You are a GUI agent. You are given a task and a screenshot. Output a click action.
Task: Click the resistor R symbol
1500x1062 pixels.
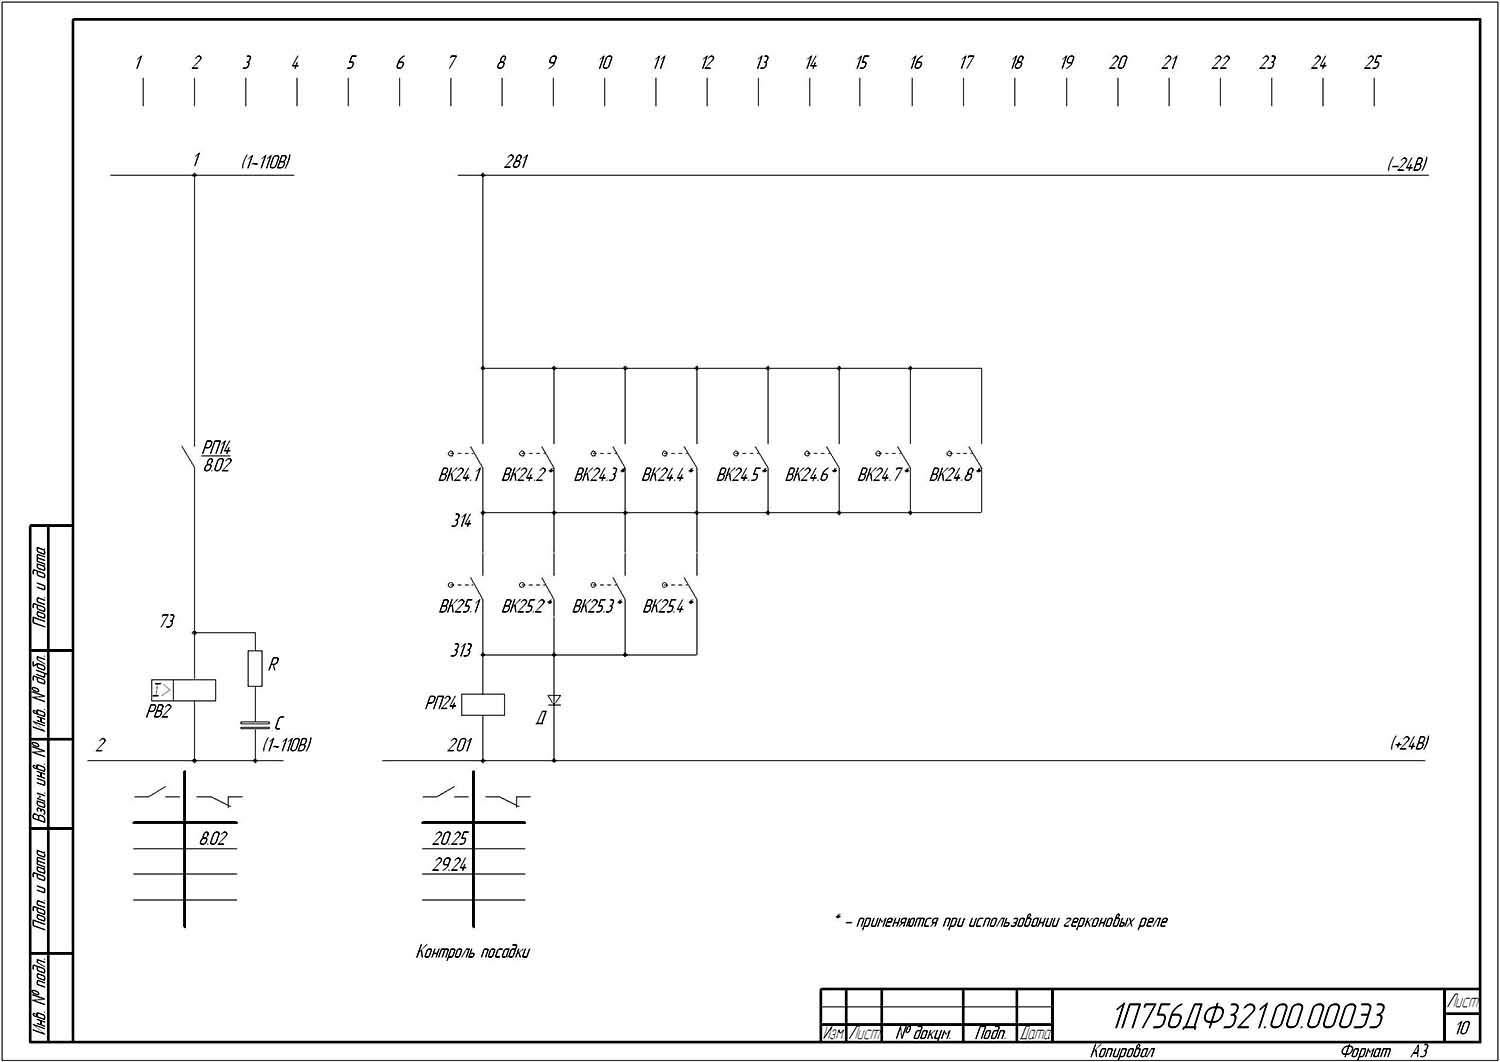coord(255,668)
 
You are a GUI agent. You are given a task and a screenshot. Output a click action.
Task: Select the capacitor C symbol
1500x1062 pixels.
coord(255,724)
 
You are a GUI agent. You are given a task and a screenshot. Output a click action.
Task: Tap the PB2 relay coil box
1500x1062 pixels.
coord(184,689)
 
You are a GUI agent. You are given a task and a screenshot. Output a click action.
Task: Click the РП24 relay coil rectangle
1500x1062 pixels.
coord(483,704)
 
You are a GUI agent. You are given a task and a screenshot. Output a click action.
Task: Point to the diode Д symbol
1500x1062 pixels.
coord(554,701)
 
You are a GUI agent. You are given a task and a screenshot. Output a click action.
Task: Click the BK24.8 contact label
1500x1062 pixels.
coord(952,475)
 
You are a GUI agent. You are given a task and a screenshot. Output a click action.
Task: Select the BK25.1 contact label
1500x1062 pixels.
coord(459,606)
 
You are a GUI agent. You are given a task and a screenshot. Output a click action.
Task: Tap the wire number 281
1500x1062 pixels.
coord(516,161)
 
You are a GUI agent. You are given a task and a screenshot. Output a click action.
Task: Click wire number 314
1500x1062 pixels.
coord(461,520)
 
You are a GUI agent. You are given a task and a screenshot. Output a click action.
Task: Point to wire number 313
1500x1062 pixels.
coord(461,651)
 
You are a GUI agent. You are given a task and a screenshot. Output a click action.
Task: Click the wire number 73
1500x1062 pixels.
coord(167,621)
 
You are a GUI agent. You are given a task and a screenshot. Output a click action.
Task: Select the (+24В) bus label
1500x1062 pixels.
coord(1409,743)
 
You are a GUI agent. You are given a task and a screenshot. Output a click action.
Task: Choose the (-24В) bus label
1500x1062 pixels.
coord(1407,165)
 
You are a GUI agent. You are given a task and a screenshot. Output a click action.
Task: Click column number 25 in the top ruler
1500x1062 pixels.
coord(1372,62)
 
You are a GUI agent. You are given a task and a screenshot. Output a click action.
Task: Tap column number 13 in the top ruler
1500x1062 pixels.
coord(762,62)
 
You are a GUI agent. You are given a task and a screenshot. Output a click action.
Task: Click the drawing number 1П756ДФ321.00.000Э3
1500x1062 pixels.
coord(1249,1016)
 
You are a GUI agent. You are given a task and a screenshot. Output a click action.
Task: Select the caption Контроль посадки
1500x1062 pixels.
coord(473,952)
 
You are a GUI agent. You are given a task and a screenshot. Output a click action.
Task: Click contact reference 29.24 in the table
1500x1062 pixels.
coord(449,865)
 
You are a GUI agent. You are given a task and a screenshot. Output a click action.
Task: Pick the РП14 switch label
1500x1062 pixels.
coord(216,448)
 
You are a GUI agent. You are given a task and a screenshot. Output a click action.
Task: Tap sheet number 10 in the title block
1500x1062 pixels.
coord(1463,1027)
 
